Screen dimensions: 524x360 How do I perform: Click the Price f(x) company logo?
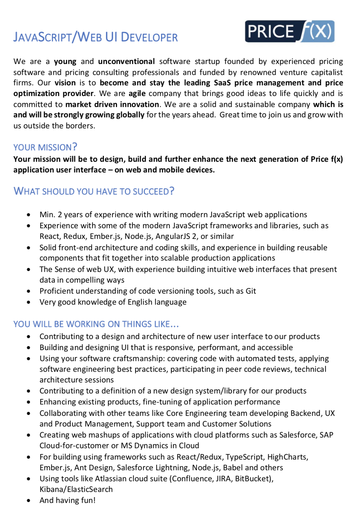pyautogui.click(x=289, y=31)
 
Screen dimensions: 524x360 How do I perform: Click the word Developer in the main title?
pyautogui.click(x=149, y=37)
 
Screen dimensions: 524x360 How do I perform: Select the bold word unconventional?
pyautogui.click(x=126, y=62)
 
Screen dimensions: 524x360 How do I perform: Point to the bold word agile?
pyautogui.click(x=137, y=94)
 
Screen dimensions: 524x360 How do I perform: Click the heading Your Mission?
pyautogui.click(x=45, y=147)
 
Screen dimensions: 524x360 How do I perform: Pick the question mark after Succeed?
pyautogui.click(x=172, y=191)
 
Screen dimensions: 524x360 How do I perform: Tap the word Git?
pyautogui.click(x=251, y=291)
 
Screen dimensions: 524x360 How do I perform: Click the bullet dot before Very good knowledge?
pyautogui.click(x=29, y=302)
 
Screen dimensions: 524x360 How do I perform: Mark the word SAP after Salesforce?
pyautogui.click(x=326, y=435)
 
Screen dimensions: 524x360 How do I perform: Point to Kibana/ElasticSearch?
pyautogui.click(x=76, y=490)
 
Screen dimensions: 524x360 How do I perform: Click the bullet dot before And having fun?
pyautogui.click(x=29, y=501)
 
